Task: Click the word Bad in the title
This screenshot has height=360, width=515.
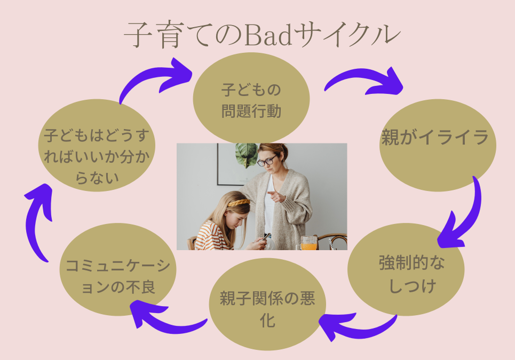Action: click(x=268, y=35)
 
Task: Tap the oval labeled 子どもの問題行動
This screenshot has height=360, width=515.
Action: click(x=251, y=99)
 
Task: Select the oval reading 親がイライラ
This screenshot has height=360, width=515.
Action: click(x=438, y=146)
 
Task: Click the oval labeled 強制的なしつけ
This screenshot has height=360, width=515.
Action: click(x=406, y=269)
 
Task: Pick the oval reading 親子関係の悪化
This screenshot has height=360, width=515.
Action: click(x=267, y=305)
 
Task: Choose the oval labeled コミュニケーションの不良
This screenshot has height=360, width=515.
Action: click(x=118, y=269)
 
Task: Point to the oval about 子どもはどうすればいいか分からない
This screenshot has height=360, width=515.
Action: click(x=97, y=146)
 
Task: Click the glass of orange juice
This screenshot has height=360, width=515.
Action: click(x=309, y=243)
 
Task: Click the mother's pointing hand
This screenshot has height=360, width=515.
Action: click(x=276, y=196)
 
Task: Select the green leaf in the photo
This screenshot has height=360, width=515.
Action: click(x=246, y=154)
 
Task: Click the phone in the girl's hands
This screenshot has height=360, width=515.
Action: click(x=266, y=237)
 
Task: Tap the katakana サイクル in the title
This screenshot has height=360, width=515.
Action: click(x=347, y=35)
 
